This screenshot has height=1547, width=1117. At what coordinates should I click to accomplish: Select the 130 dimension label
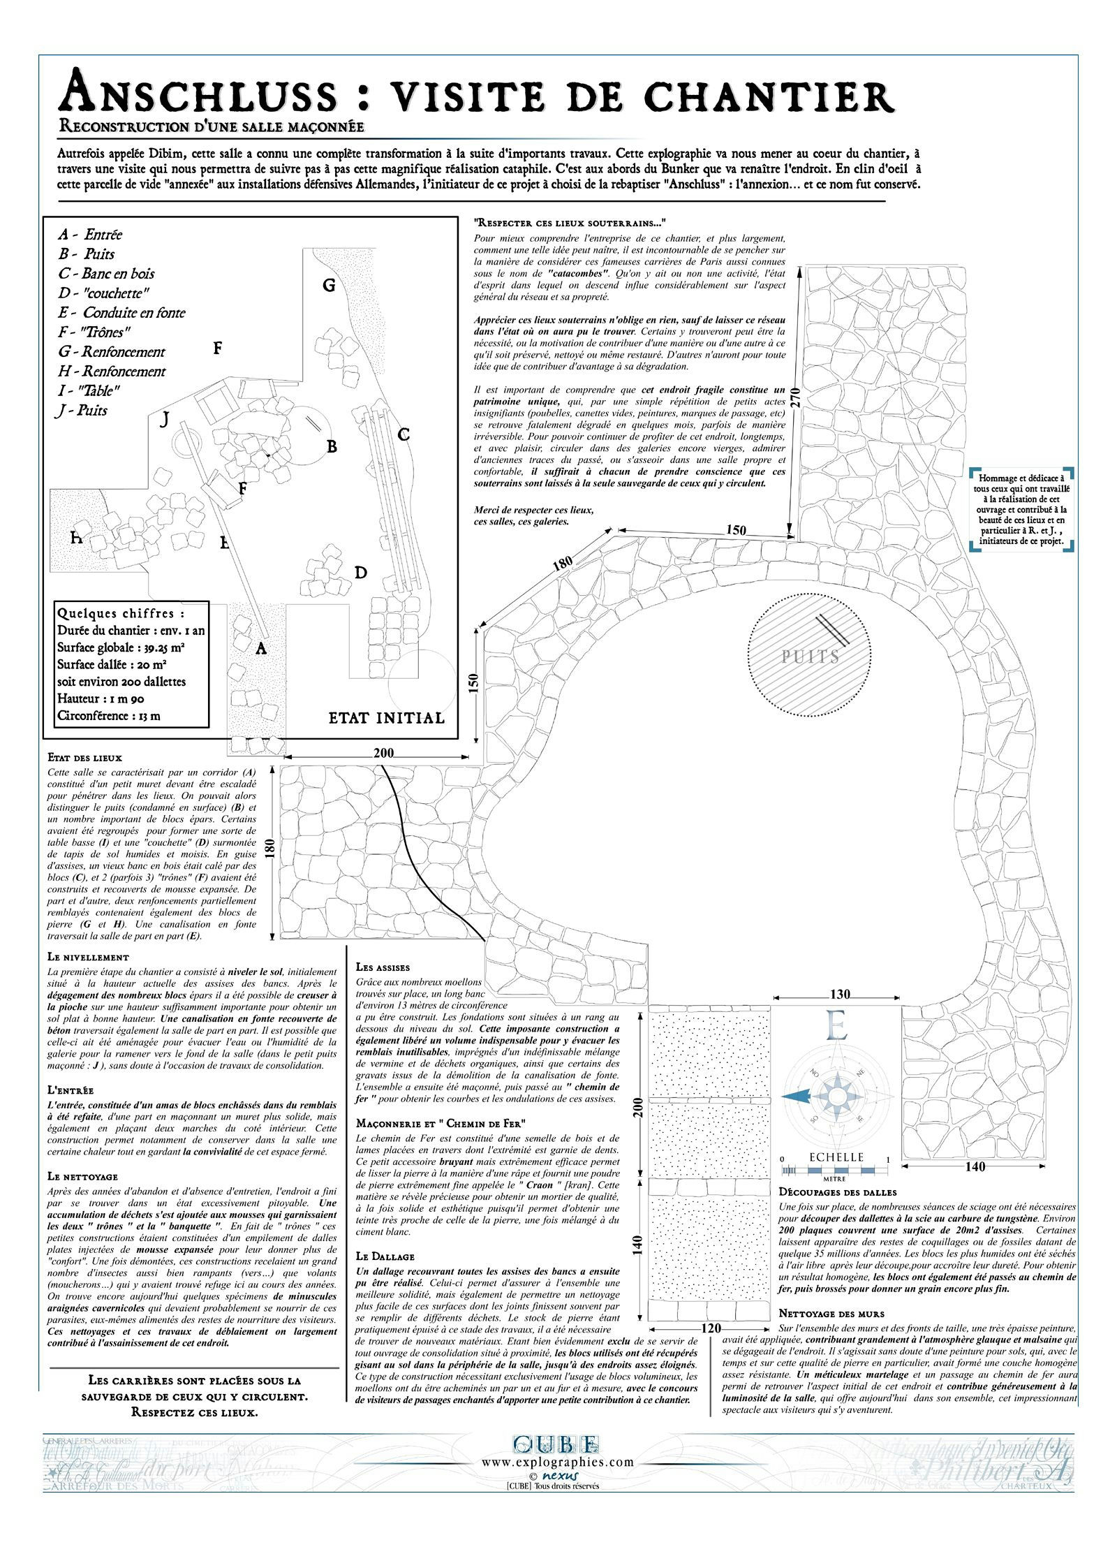tap(839, 994)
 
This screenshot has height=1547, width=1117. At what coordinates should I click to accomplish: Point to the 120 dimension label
tap(711, 1328)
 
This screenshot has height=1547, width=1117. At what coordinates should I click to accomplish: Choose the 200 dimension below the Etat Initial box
tap(383, 753)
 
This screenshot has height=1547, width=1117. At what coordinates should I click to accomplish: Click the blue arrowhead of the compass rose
tap(796, 1098)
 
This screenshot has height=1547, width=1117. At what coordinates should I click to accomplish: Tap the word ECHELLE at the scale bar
tap(836, 1157)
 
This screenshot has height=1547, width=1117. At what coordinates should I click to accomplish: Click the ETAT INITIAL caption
tap(387, 718)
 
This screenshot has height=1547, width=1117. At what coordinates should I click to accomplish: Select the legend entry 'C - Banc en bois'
tap(106, 274)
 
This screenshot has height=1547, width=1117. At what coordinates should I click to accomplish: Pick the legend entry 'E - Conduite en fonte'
tap(121, 313)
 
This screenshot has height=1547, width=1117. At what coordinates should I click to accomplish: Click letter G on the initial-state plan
tap(329, 285)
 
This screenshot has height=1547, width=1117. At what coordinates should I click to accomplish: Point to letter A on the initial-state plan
tap(261, 649)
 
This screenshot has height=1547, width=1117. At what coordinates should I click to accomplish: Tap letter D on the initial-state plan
tap(360, 573)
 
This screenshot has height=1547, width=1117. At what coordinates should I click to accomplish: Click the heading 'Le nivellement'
tap(88, 957)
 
